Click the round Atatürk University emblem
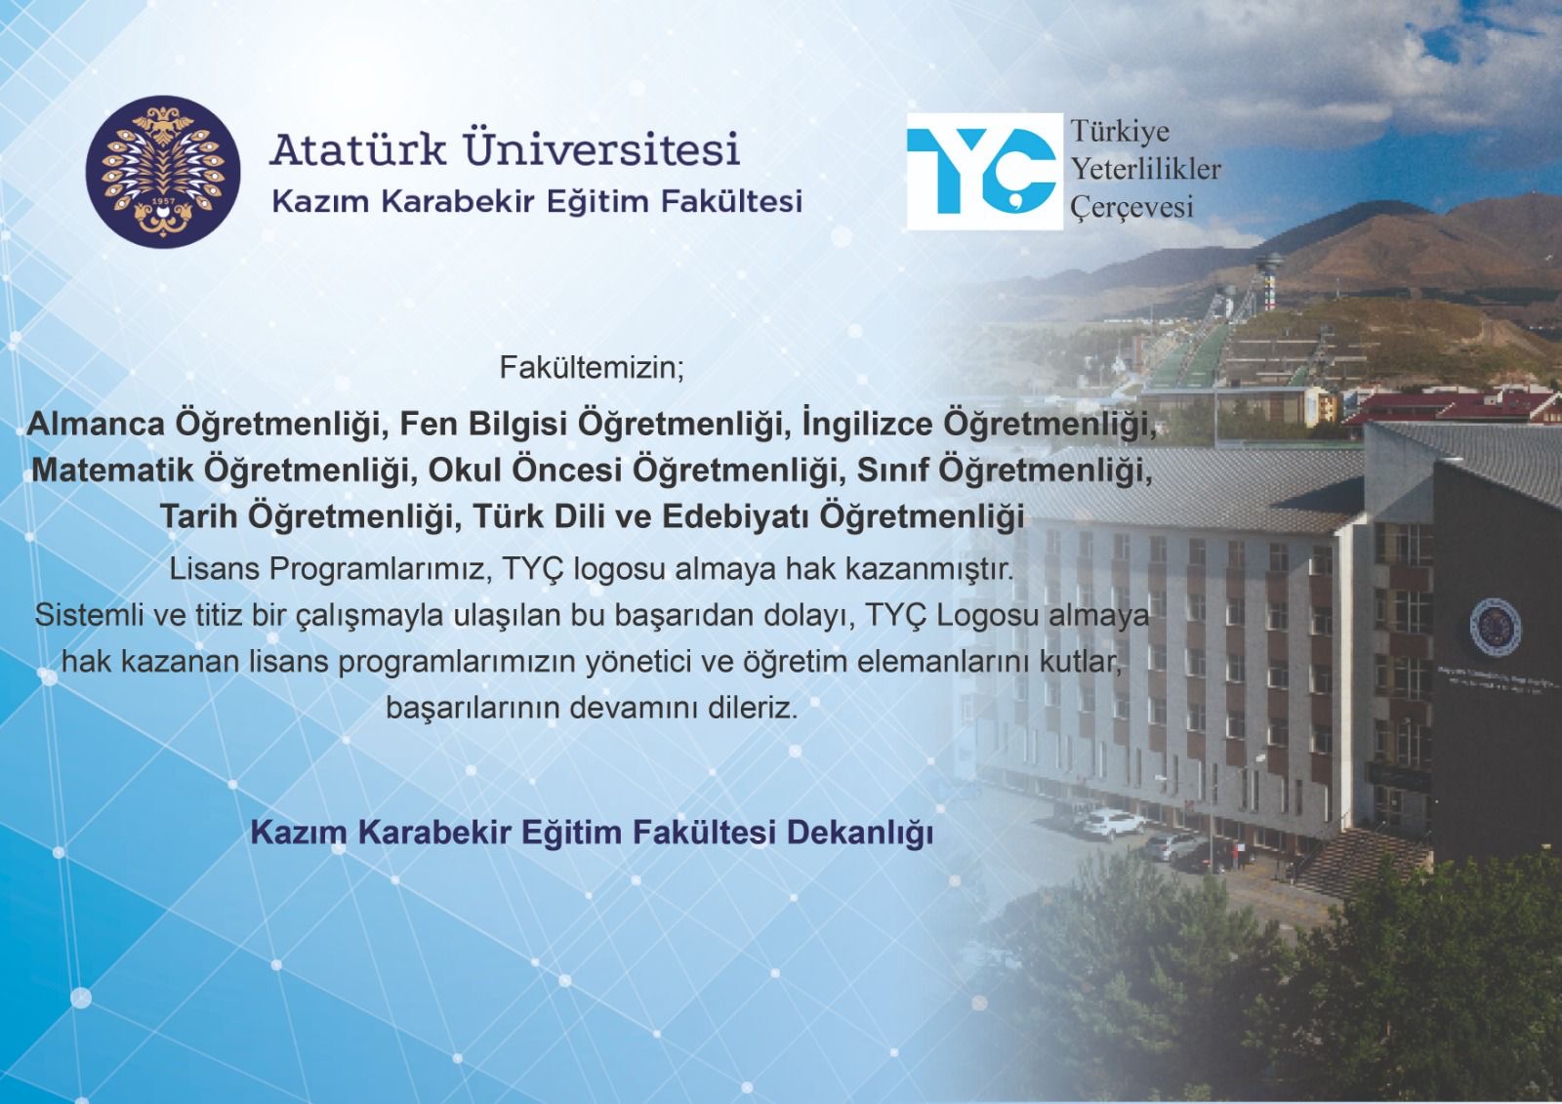[x=163, y=172]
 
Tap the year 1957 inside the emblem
[x=164, y=211]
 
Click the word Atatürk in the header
[x=357, y=147]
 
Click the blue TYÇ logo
[x=984, y=172]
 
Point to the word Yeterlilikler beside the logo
[x=1146, y=169]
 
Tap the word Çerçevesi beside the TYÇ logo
[x=1131, y=207]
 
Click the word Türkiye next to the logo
[x=1120, y=131]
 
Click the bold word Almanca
[x=96, y=424]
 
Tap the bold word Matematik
[x=111, y=470]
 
